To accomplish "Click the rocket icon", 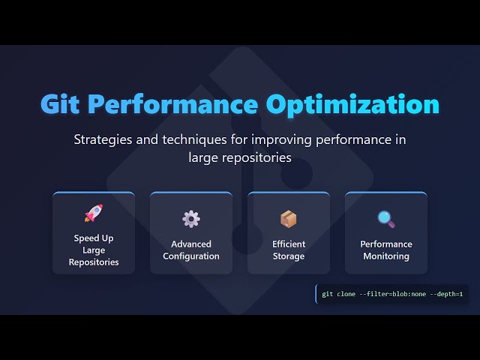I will [94, 213].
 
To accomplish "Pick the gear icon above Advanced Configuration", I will [191, 219].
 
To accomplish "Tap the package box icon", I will [289, 219].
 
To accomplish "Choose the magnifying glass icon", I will [386, 219].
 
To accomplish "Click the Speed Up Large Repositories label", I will [94, 250].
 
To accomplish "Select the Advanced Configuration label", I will [191, 250].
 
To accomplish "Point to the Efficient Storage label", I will [289, 250].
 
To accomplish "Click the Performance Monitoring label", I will [386, 250].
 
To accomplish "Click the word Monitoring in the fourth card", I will [386, 256].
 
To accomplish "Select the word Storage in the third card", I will [289, 256].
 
